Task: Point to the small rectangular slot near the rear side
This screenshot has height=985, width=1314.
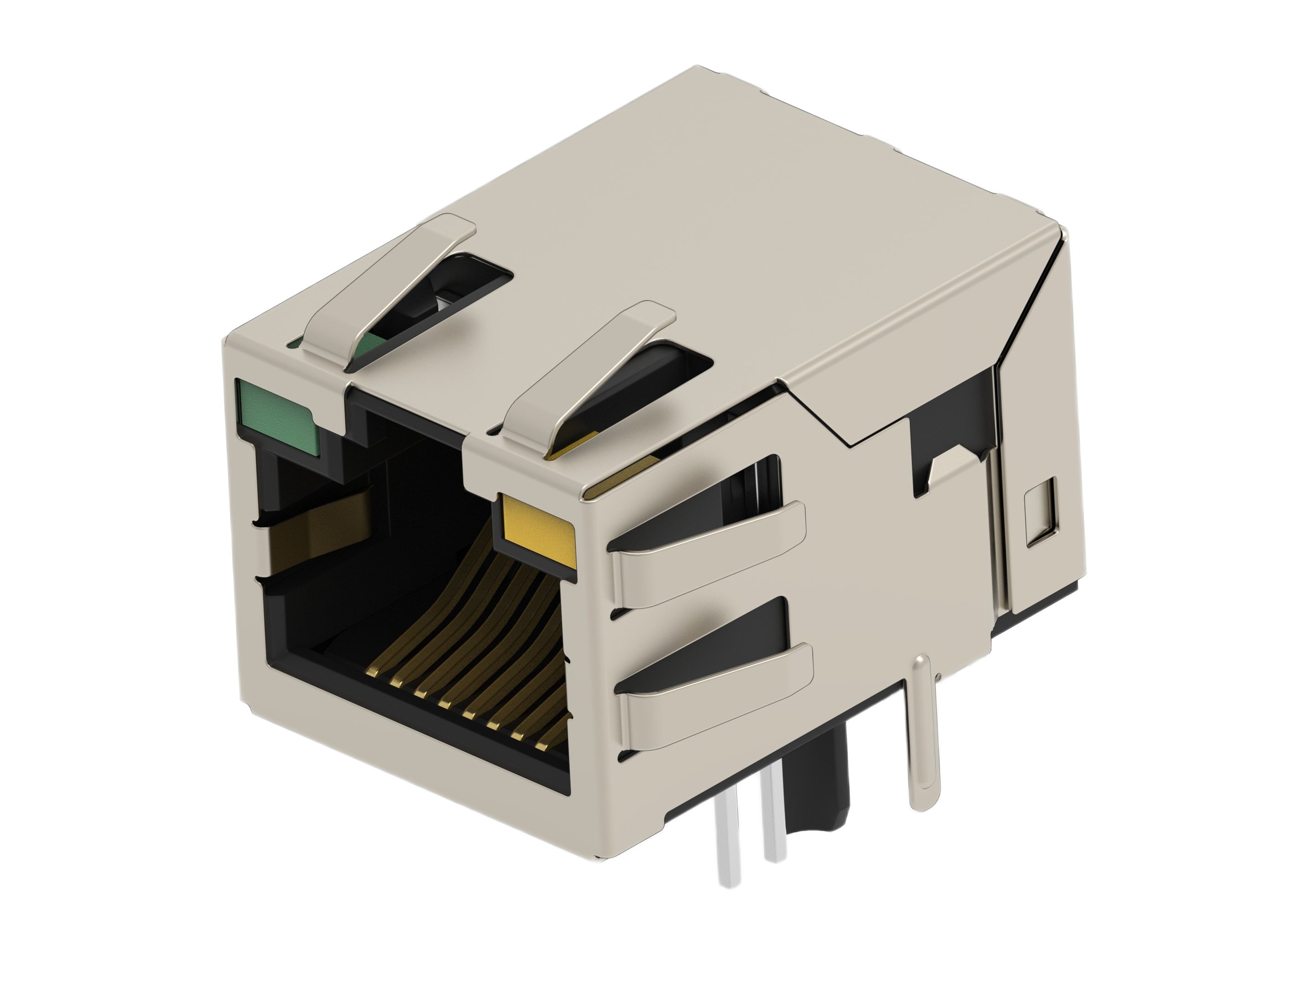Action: click(x=1041, y=511)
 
